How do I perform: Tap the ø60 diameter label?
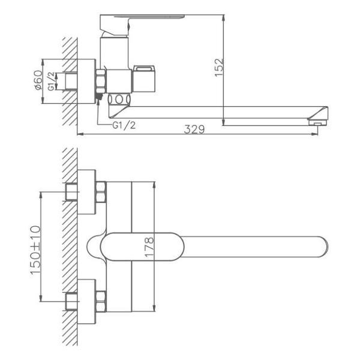coord(38,80)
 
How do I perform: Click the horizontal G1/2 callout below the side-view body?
coord(124,125)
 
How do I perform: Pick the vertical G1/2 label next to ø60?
coord(52,80)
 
